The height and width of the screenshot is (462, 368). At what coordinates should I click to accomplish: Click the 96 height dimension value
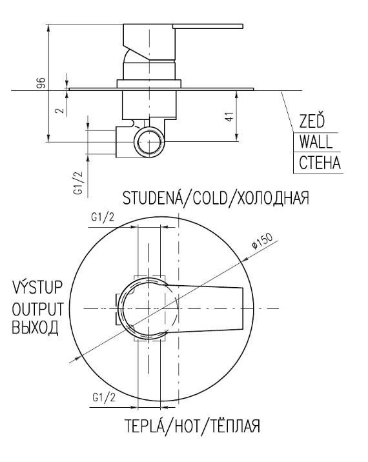click(41, 83)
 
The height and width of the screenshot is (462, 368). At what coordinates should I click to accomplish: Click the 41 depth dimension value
click(229, 116)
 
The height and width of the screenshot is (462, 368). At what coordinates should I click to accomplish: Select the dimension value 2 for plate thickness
click(60, 110)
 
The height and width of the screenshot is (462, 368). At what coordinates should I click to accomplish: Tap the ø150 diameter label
click(262, 241)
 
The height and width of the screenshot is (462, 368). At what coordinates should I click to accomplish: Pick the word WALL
click(316, 142)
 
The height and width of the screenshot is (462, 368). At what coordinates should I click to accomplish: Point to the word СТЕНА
click(320, 163)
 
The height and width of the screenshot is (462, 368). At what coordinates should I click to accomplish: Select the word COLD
click(210, 197)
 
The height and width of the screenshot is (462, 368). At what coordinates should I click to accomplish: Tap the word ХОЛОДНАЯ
click(273, 197)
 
